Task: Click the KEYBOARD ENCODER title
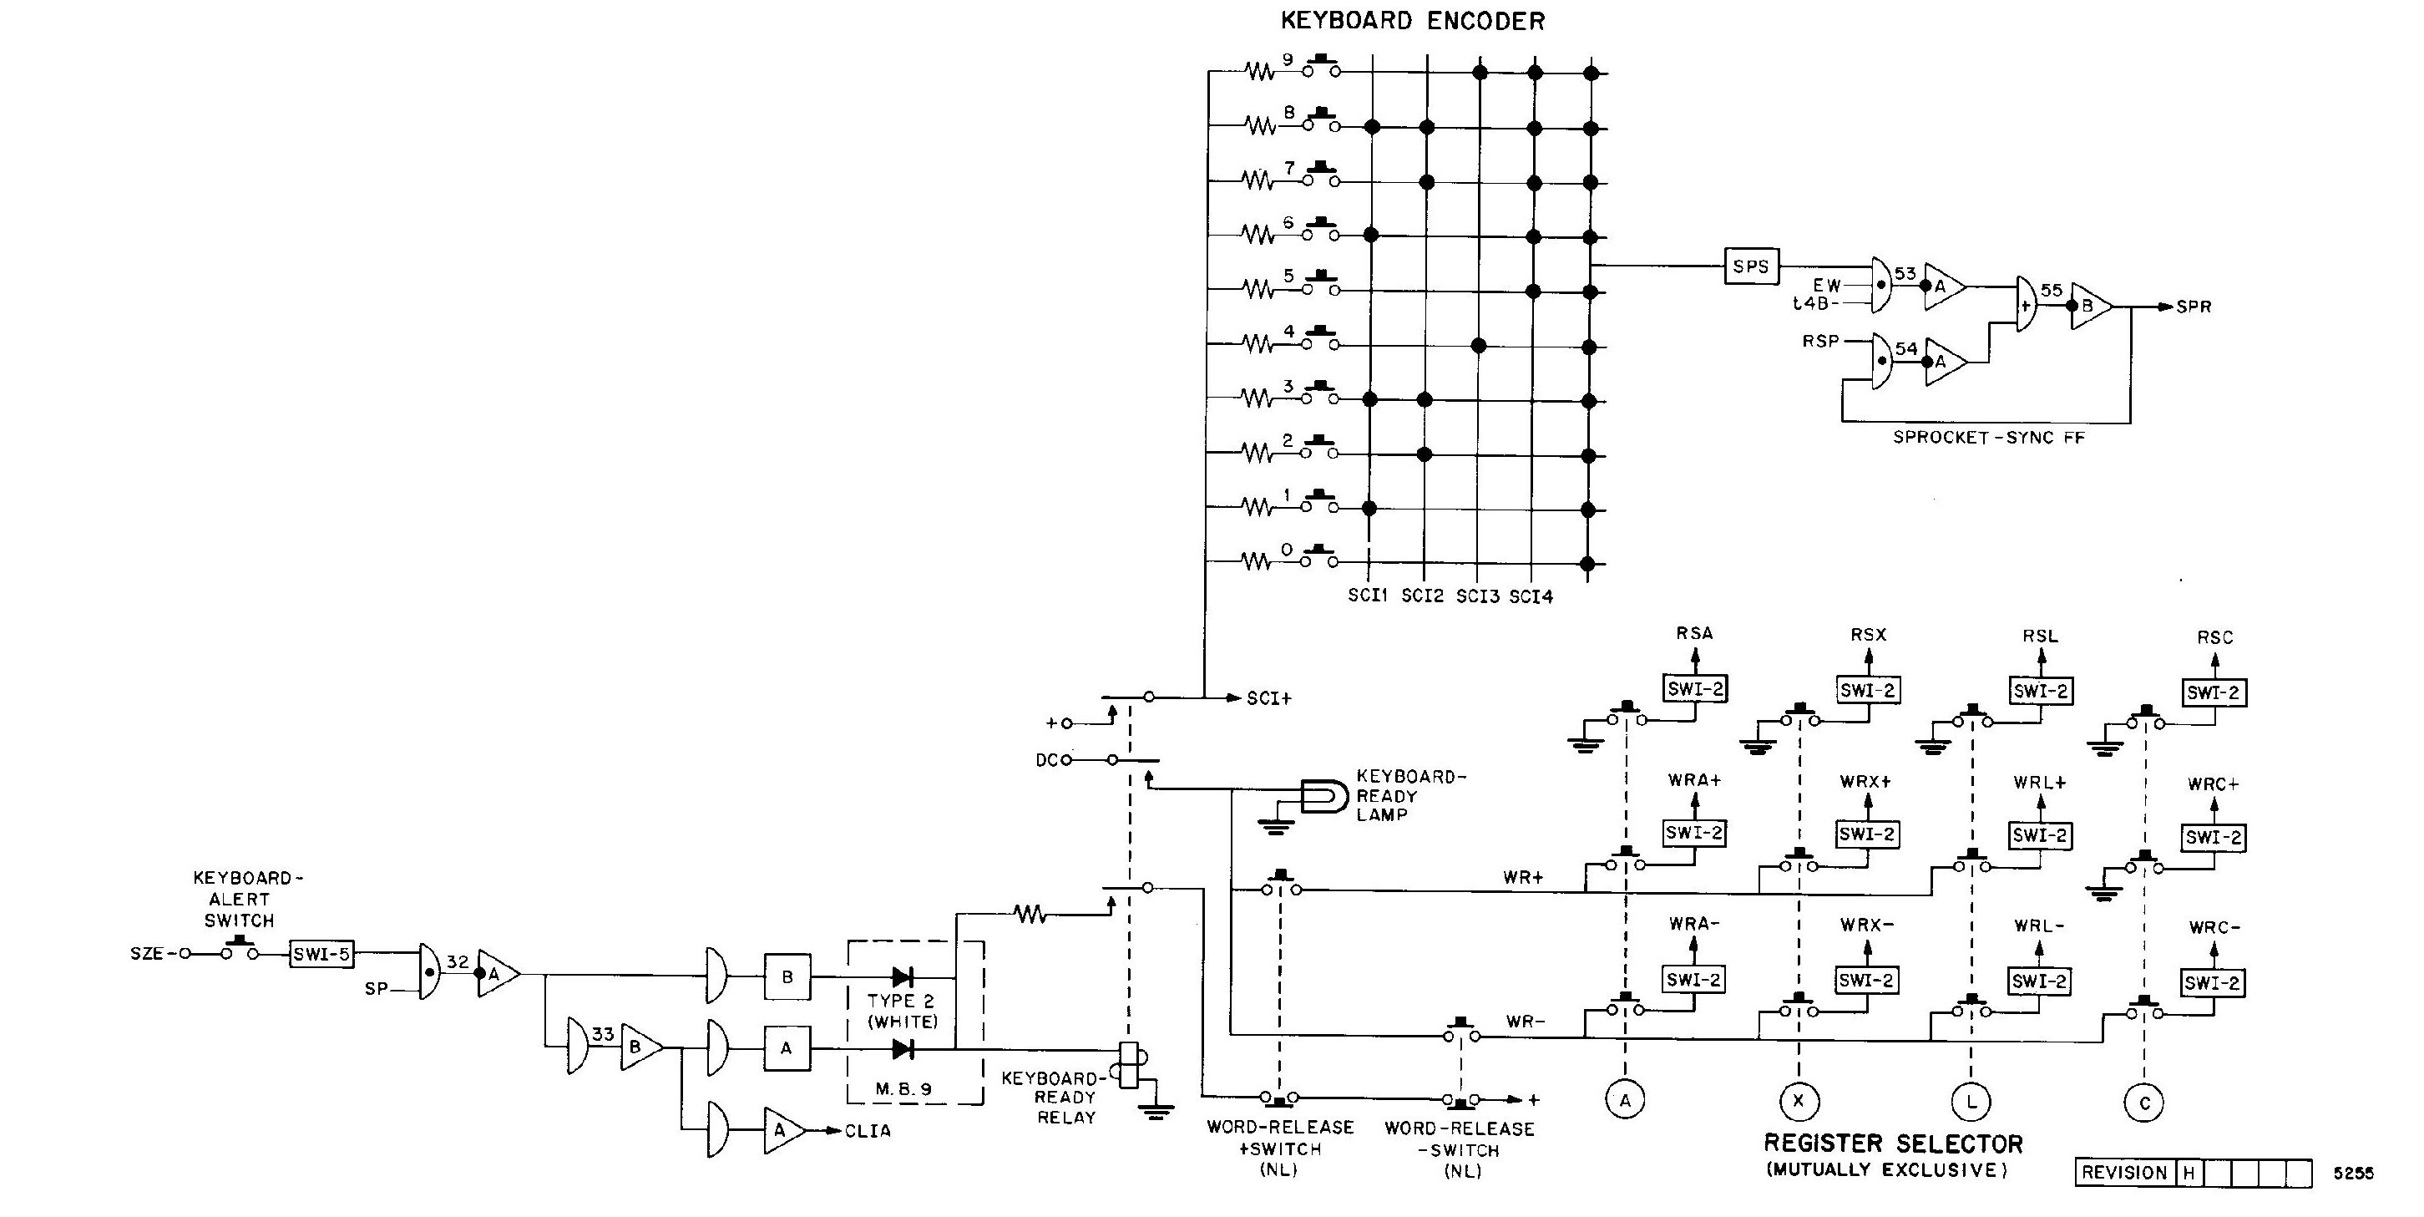point(1413,21)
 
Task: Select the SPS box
point(1750,266)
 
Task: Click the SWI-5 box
point(321,955)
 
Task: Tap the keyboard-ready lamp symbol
point(1323,796)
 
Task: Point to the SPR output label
point(2194,307)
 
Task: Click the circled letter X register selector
point(1799,1101)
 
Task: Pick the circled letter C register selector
point(2144,1103)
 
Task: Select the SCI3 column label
point(1477,596)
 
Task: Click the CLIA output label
point(867,1131)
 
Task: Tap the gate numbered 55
point(2027,304)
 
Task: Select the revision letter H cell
point(2189,1173)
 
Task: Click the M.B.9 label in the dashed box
point(903,1089)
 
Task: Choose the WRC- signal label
point(2214,928)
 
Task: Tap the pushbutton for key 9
point(1320,67)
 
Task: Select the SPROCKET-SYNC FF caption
point(1988,438)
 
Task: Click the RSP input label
point(1820,341)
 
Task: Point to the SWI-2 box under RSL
point(2040,691)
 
